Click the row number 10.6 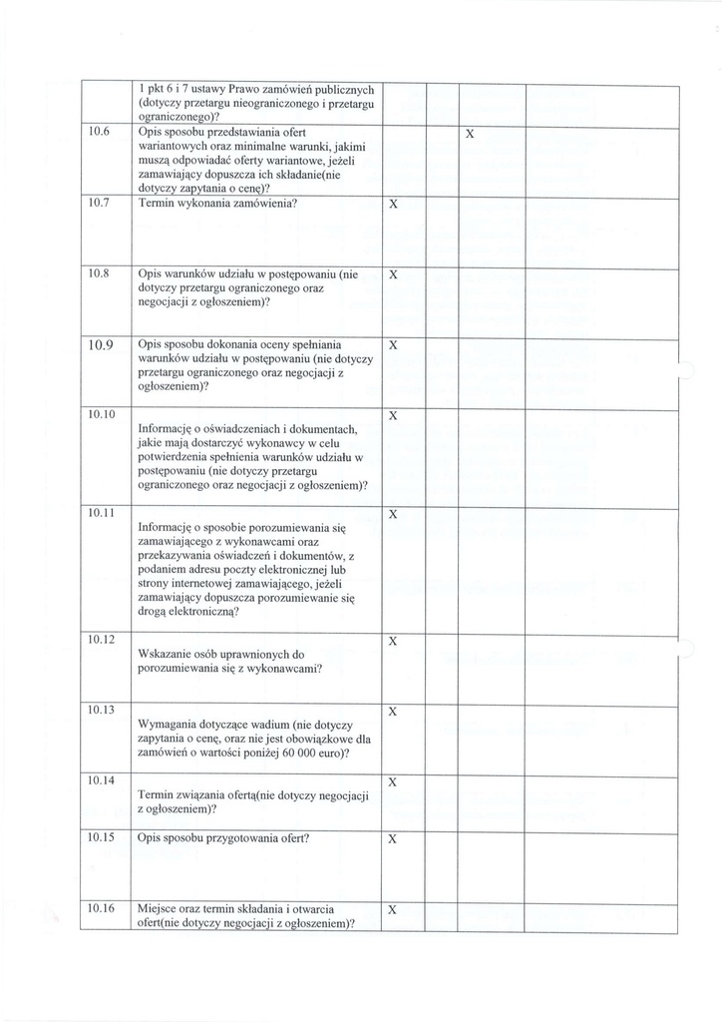(99, 131)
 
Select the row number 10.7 (99, 204)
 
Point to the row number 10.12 (102, 639)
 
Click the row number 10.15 (102, 838)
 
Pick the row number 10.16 (102, 909)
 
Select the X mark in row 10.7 (392, 205)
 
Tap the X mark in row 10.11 (392, 513)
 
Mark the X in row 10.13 (392, 712)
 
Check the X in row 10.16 (392, 910)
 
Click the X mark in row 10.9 (392, 344)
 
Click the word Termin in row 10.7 (157, 204)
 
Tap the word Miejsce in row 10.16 (160, 909)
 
